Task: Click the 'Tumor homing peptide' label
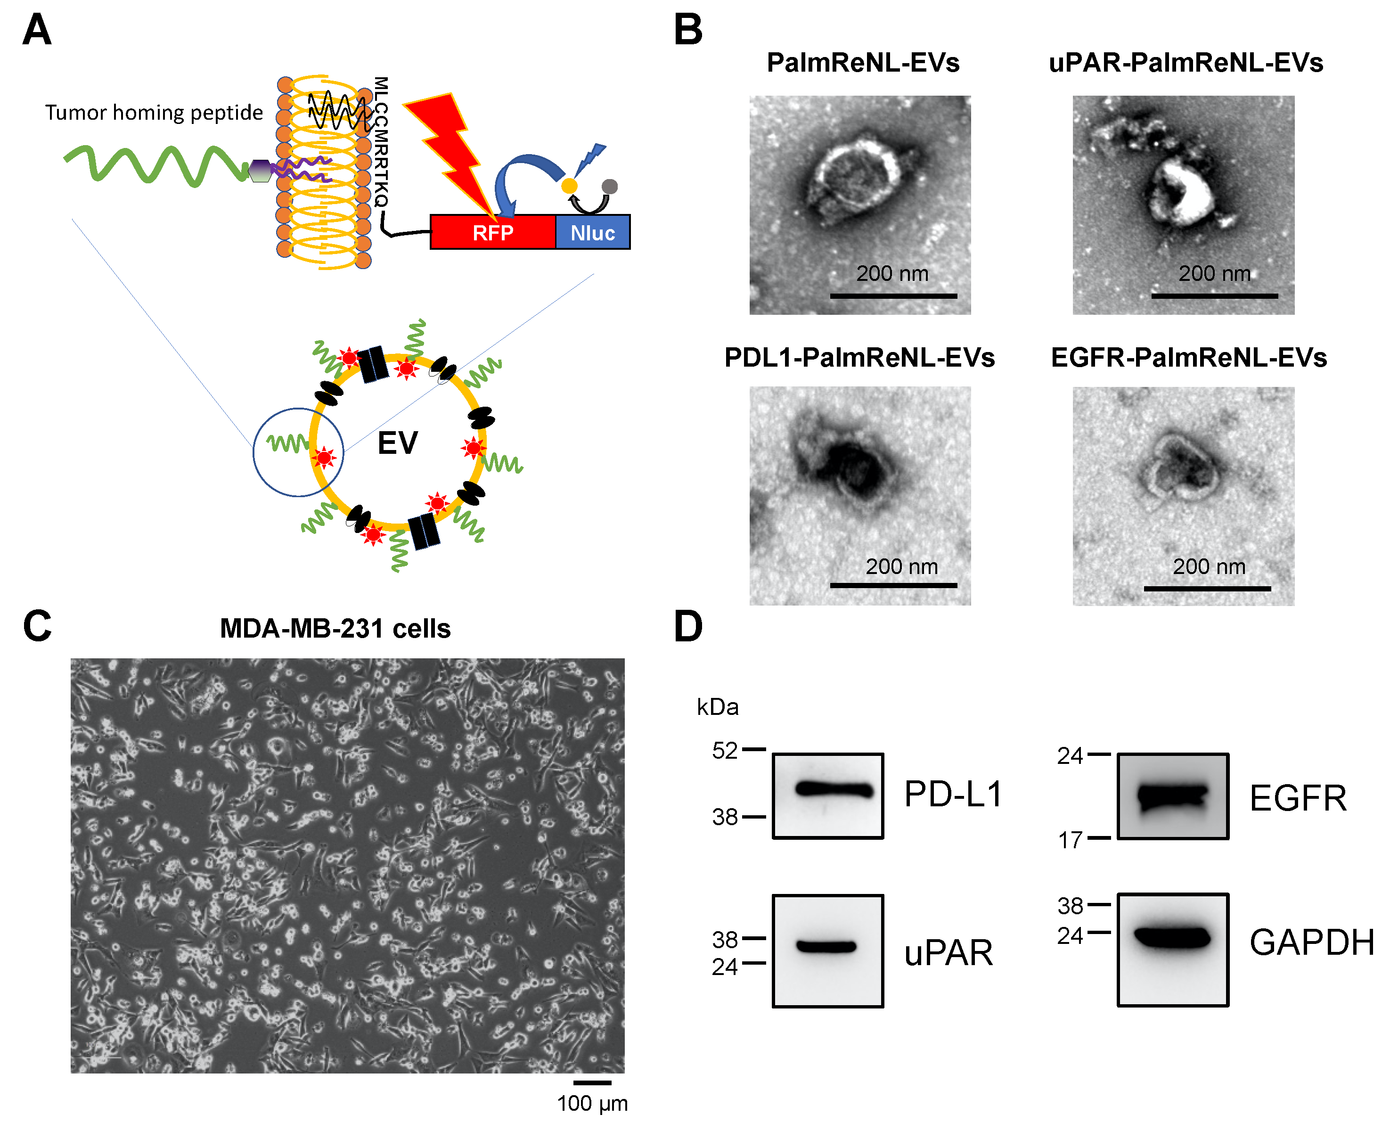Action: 154,113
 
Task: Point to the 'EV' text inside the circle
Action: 397,443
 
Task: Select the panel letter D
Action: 688,627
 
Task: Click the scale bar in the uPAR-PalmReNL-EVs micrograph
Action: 1214,296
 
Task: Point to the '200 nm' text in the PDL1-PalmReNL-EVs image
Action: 901,567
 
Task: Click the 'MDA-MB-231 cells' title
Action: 335,629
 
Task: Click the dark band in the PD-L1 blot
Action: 834,790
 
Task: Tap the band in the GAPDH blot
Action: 1172,937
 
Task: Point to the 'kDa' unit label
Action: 717,707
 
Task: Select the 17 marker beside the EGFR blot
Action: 1070,840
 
